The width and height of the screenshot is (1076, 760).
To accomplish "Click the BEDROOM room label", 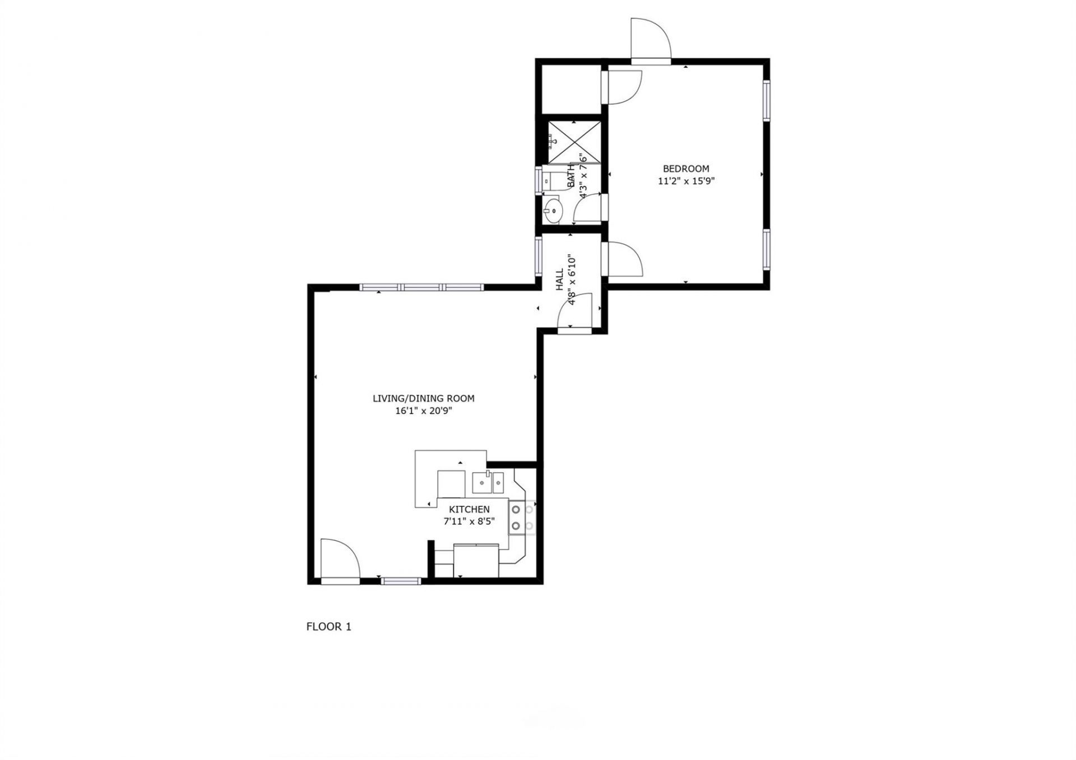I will pyautogui.click(x=686, y=169).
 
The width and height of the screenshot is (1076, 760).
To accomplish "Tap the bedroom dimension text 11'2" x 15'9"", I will pyautogui.click(x=686, y=181).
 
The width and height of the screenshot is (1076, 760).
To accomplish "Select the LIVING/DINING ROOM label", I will pyautogui.click(x=424, y=399).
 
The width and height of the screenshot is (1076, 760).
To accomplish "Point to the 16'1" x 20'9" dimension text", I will pyautogui.click(x=424, y=411).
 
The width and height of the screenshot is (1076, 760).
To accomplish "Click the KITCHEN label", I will pyautogui.click(x=469, y=510).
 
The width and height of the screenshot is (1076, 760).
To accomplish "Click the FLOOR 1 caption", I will pyautogui.click(x=328, y=627).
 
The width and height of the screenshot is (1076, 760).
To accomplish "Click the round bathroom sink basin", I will pyautogui.click(x=553, y=211).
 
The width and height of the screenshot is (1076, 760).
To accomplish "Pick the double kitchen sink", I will pyautogui.click(x=489, y=482).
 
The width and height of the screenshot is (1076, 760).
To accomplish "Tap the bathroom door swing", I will pyautogui.click(x=588, y=208).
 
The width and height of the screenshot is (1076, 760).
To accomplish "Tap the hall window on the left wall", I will pyautogui.click(x=539, y=255).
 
